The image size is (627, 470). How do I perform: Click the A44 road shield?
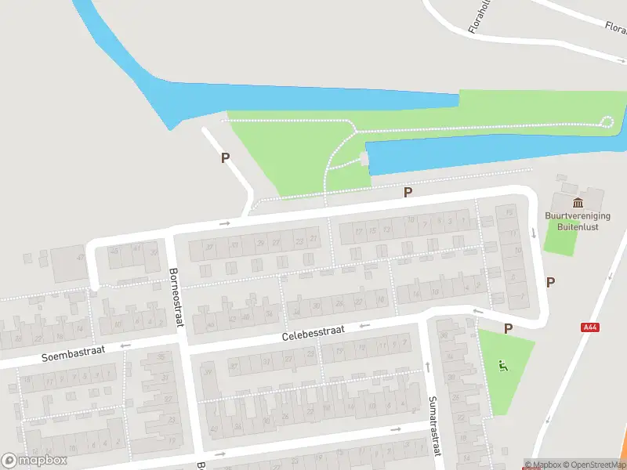point(590,328)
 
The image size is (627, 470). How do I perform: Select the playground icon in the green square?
point(503,364)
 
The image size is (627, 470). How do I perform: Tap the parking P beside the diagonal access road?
point(226,157)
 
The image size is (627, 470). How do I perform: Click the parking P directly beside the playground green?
point(508,329)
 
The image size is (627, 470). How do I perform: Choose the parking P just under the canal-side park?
point(408,192)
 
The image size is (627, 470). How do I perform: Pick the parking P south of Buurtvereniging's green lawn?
point(550,282)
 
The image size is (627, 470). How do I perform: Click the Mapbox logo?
point(34,461)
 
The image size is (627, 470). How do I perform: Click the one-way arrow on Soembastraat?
point(124,345)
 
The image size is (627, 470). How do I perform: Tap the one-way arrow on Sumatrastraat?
point(428,367)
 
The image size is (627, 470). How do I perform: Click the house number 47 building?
point(79,258)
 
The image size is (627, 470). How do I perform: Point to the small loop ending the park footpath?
point(606,121)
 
